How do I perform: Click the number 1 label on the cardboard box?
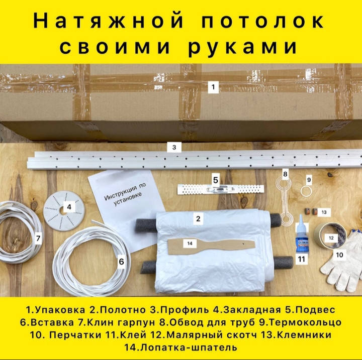pyautogui.click(x=213, y=87)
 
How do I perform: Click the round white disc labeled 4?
pyautogui.click(x=64, y=210)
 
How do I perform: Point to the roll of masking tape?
pyautogui.click(x=330, y=235)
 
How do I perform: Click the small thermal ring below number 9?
pyautogui.click(x=306, y=192)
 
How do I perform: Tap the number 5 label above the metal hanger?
pyautogui.click(x=216, y=180)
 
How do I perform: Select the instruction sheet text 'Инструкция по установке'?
pyautogui.click(x=125, y=194)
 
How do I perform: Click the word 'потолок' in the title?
pyautogui.click(x=262, y=21)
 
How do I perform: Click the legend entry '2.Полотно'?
pyautogui.click(x=118, y=310)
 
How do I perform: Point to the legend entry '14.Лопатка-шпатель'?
pyautogui.click(x=181, y=347)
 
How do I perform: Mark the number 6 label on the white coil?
pyautogui.click(x=122, y=262)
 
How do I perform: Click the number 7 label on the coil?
pyautogui.click(x=38, y=238)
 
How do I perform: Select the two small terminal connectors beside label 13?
pyautogui.click(x=311, y=211)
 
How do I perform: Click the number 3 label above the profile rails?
pyautogui.click(x=174, y=147)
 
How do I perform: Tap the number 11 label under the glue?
pyautogui.click(x=302, y=259)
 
